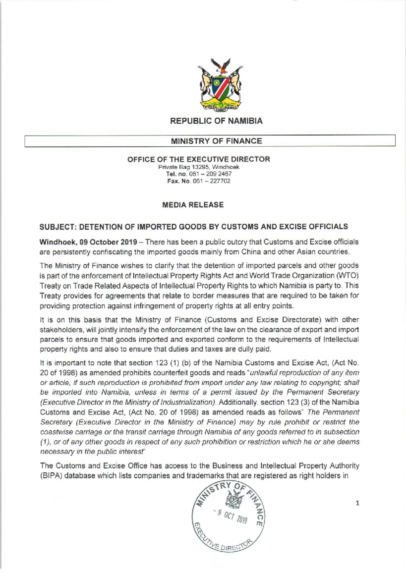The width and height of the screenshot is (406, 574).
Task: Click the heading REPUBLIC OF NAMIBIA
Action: pyautogui.click(x=216, y=121)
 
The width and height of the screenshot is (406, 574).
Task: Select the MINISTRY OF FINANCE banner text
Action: pyautogui.click(x=216, y=141)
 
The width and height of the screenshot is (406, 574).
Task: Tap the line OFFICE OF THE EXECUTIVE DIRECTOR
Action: pyautogui.click(x=199, y=159)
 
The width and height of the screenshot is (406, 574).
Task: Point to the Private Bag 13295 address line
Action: pyautogui.click(x=199, y=167)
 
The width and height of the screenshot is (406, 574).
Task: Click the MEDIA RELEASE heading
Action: pyautogui.click(x=193, y=205)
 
